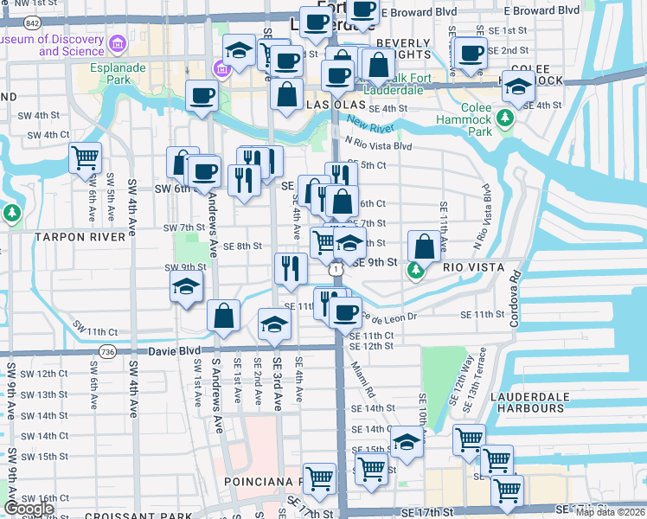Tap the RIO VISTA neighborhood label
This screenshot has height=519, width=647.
(473, 267)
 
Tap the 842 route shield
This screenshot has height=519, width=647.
(32, 21)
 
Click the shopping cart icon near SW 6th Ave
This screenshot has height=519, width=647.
(86, 157)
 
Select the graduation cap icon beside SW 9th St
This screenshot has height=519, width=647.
(185, 288)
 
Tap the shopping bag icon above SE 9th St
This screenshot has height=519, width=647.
(424, 246)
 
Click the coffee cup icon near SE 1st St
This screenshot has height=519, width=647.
(471, 53)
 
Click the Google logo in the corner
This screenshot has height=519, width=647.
(29, 509)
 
